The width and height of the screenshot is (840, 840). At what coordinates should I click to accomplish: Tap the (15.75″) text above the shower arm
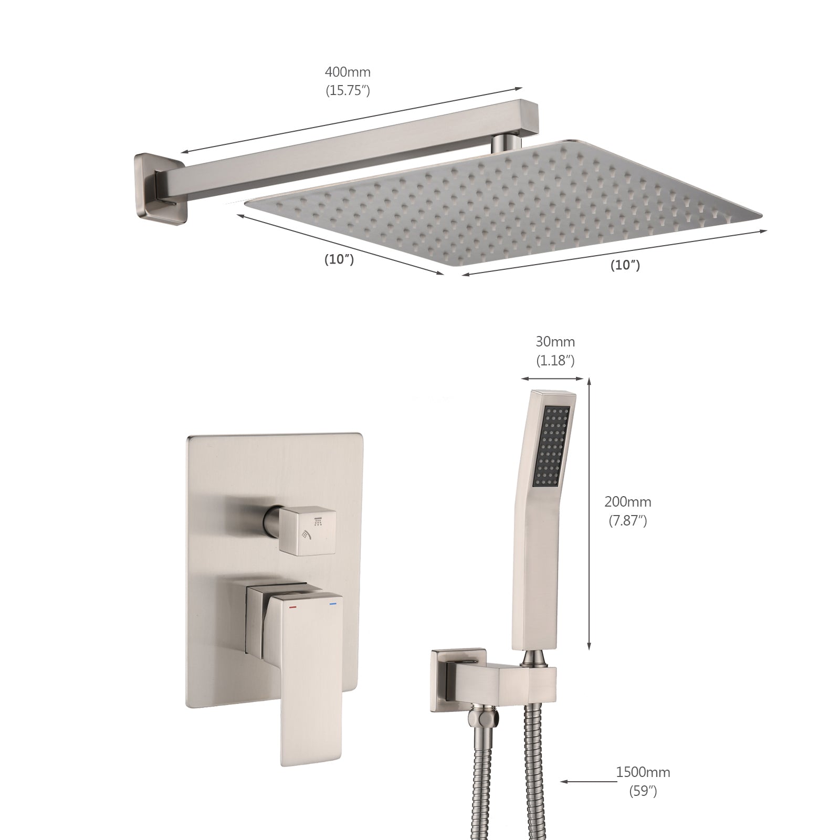348,90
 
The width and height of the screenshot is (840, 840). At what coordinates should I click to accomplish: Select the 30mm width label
555,342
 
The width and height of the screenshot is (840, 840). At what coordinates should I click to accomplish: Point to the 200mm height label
627,501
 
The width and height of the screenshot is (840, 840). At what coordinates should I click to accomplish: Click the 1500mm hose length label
643,772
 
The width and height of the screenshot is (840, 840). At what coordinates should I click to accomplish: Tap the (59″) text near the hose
643,791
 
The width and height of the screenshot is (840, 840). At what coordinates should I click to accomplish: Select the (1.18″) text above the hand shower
555,361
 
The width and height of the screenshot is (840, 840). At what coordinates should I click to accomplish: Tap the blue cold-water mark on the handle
332,605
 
